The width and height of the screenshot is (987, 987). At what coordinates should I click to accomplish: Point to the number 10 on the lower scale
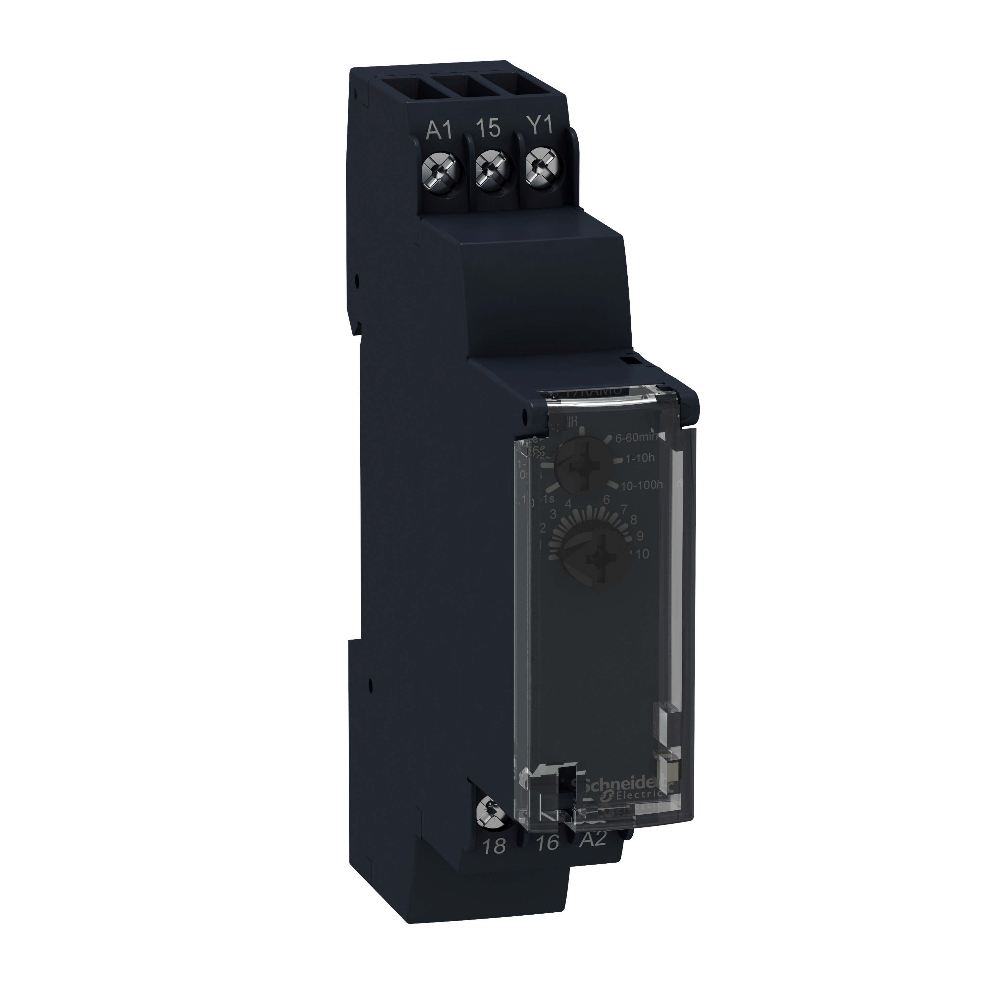pos(642,555)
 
